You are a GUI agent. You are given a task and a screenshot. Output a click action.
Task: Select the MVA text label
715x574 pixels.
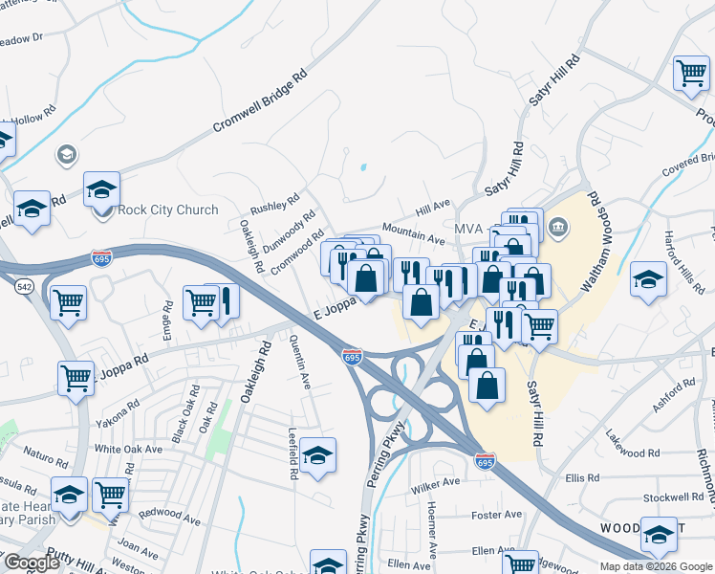[468, 230]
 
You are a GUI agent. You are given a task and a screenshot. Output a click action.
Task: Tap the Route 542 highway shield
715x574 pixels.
[22, 286]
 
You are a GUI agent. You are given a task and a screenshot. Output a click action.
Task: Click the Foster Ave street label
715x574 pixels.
[497, 515]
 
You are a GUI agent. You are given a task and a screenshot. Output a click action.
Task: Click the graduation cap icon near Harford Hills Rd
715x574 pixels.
[648, 279]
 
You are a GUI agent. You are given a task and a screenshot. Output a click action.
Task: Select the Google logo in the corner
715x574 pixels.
[32, 563]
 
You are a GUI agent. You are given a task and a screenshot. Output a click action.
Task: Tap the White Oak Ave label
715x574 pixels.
[127, 449]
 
